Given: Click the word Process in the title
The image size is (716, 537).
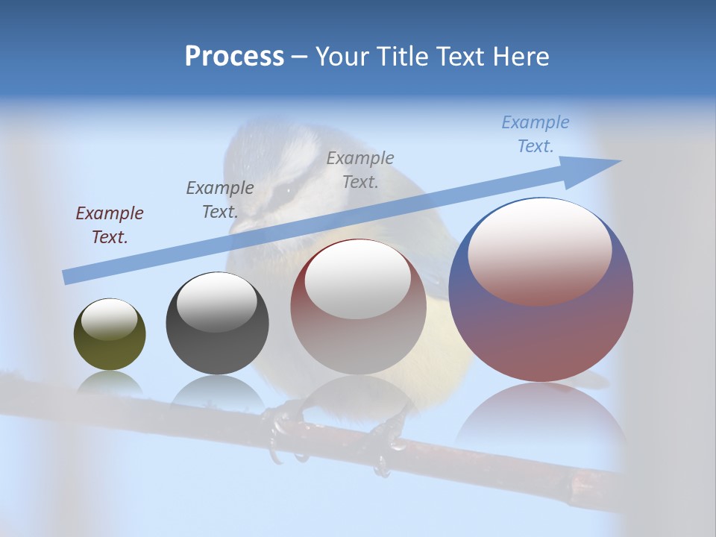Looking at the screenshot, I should [234, 57].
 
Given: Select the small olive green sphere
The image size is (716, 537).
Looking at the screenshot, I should [110, 334].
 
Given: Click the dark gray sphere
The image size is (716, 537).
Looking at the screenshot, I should [217, 324].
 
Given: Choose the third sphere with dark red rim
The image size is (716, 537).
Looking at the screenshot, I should [358, 307].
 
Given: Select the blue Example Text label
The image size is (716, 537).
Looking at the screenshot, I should [536, 134].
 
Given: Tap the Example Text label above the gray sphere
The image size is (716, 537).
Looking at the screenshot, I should [220, 200].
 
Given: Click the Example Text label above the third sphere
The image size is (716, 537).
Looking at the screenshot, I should [360, 169].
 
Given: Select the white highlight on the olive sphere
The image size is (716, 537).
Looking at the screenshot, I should [109, 318].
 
